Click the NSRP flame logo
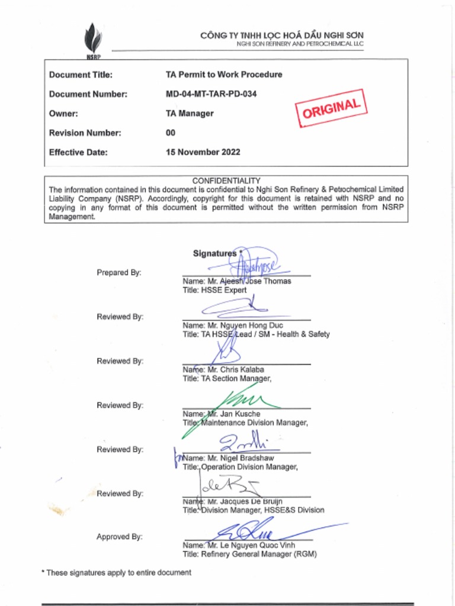(x=92, y=38)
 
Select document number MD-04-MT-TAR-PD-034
(x=211, y=94)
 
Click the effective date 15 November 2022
(x=203, y=152)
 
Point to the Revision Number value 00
(x=171, y=133)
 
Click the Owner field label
(x=63, y=114)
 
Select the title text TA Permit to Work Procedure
(x=224, y=75)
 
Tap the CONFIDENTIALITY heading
(x=226, y=180)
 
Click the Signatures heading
(x=214, y=253)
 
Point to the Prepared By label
(x=119, y=273)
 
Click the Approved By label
(x=120, y=537)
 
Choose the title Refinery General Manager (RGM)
(x=249, y=555)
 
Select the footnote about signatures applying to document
(x=116, y=573)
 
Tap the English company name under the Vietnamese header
(x=300, y=44)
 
